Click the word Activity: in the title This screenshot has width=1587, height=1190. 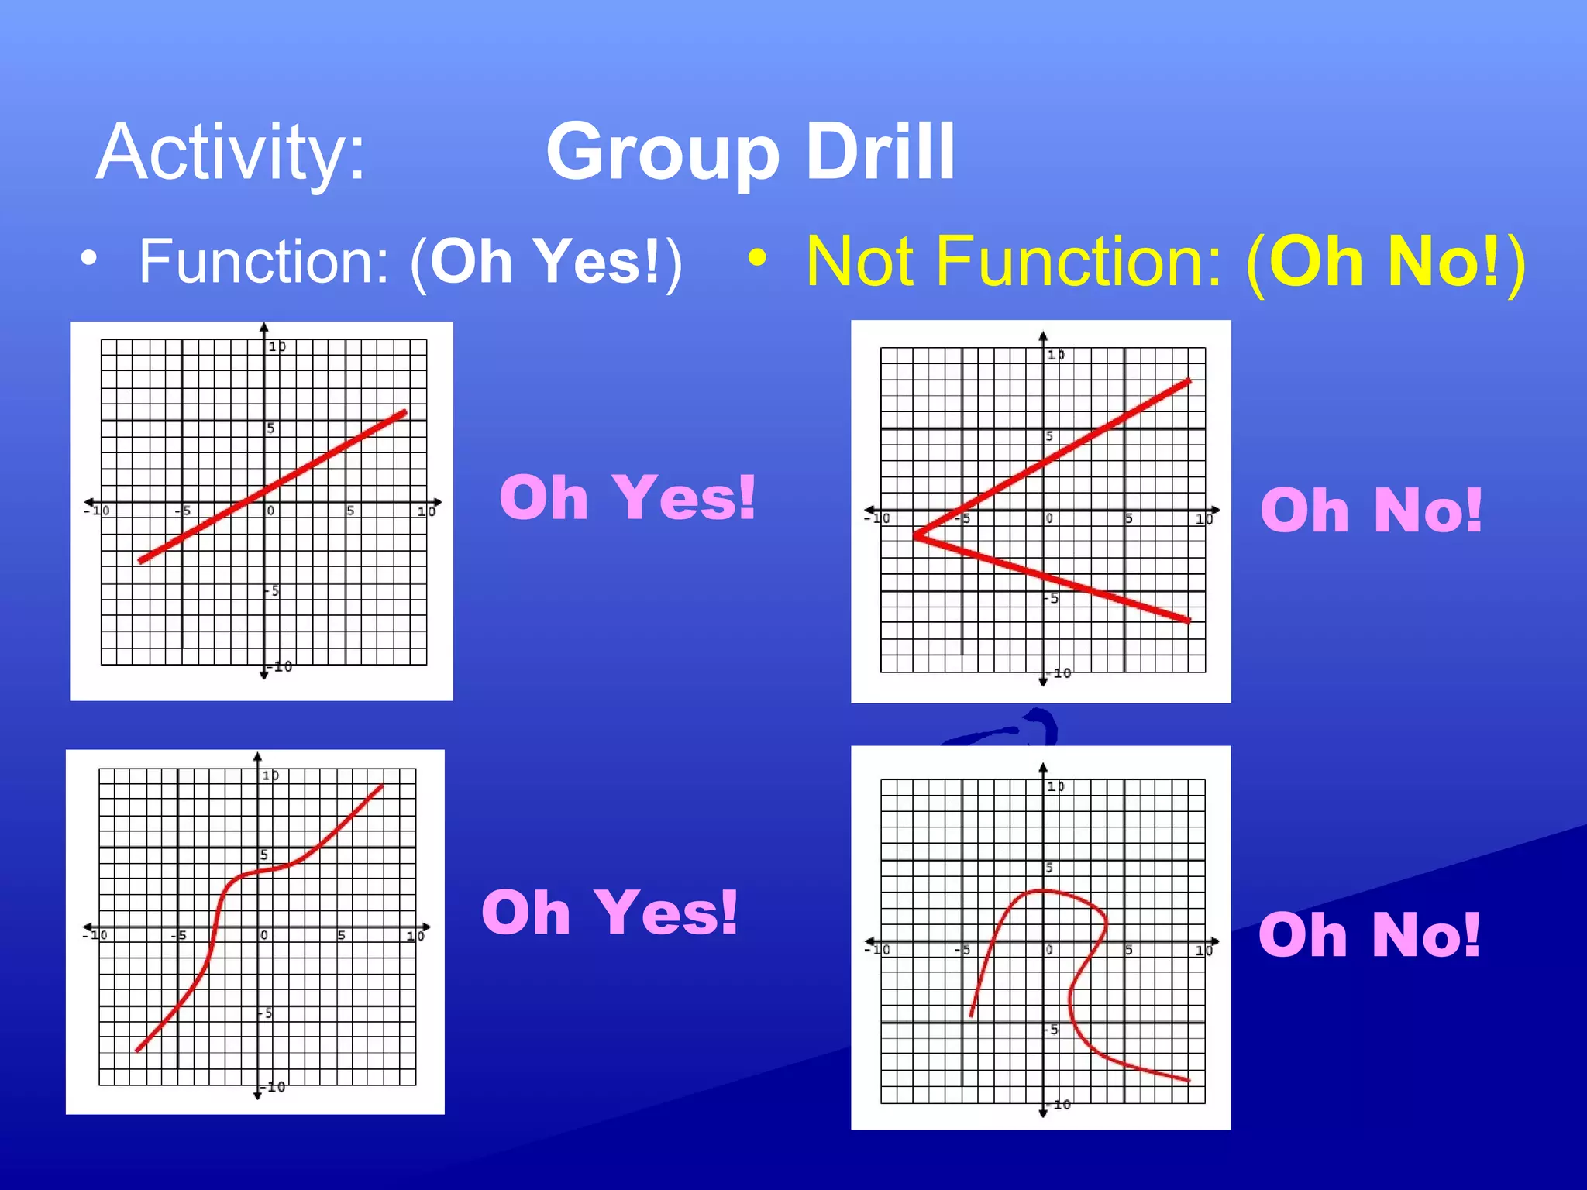[x=230, y=153]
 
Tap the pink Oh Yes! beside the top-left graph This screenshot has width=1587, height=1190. [x=627, y=497]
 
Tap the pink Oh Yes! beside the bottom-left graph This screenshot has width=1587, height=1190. [x=609, y=912]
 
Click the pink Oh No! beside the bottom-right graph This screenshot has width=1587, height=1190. [x=1369, y=934]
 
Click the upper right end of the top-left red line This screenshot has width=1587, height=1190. [x=405, y=412]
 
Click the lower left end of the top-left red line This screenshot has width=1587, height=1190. [x=141, y=560]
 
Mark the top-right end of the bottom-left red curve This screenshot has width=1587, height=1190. [x=382, y=786]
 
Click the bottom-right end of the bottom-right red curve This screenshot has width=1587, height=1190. [x=1188, y=1079]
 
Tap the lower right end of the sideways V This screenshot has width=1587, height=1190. [x=1189, y=620]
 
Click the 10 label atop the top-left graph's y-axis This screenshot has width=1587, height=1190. [x=277, y=346]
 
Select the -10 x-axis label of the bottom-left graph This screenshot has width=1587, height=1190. [x=95, y=935]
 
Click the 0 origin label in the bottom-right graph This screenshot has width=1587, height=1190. [x=1049, y=950]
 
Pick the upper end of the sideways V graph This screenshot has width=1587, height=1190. [x=1189, y=380]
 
